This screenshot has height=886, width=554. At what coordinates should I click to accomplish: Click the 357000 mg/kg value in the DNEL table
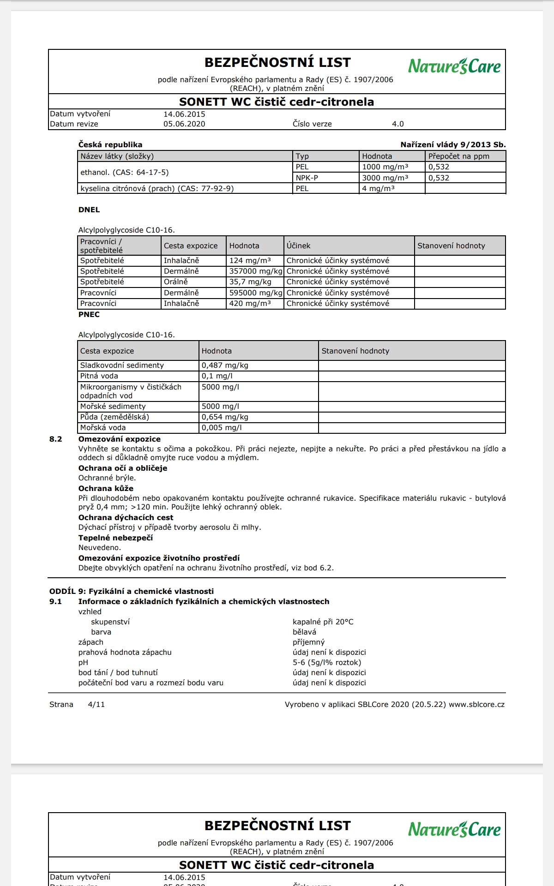pos(255,271)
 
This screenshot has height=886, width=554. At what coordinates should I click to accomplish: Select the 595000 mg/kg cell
pos(255,293)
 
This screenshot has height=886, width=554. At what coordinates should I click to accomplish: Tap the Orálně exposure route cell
pos(176,282)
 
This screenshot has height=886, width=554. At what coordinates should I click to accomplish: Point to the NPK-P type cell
pos(307,178)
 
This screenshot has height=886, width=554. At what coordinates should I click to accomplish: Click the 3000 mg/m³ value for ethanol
pos(385,178)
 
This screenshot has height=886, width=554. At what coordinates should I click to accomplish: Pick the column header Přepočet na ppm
pos(458,156)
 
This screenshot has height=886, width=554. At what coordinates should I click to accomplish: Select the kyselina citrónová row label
pos(157,189)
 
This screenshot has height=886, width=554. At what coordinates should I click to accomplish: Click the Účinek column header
pos(298,246)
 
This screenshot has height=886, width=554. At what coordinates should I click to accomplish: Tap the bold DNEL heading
pos(89,210)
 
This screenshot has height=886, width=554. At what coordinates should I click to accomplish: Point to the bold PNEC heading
pos(89,315)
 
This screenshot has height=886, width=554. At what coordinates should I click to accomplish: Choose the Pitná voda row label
pos(99,376)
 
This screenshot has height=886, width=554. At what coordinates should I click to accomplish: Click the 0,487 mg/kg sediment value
pos(225,365)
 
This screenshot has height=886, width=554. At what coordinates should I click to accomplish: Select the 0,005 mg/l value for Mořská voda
pos(222,428)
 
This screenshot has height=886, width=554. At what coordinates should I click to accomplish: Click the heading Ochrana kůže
pos(106,489)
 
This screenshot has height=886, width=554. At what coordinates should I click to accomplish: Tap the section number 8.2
pos(56,439)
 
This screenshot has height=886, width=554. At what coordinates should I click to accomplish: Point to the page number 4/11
pos(96,705)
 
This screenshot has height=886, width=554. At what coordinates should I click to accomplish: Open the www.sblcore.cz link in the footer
pos(476,705)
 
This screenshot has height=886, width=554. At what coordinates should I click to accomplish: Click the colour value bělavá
pos(304,632)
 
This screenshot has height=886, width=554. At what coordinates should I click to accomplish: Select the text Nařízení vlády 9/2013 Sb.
pos(453,145)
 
